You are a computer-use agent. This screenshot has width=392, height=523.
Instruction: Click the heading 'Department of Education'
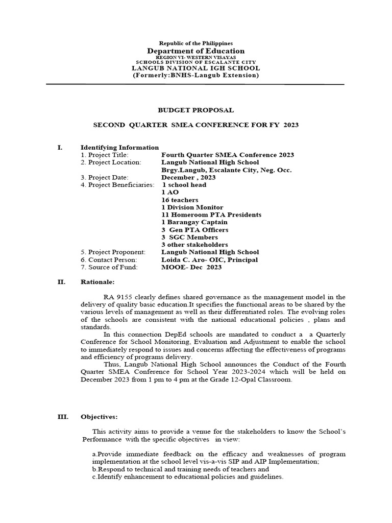pos(196,51)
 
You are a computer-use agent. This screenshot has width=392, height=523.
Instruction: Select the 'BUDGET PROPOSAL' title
pos(196,110)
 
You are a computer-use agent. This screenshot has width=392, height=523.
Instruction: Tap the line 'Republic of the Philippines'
pos(196,43)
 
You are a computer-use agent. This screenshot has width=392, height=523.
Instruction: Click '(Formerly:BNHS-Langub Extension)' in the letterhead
pos(196,76)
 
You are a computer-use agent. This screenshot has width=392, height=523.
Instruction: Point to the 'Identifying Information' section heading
pos(119,148)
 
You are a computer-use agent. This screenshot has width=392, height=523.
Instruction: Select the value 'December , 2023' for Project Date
pos(188,177)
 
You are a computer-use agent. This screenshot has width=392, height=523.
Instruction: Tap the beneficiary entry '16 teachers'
pos(180,200)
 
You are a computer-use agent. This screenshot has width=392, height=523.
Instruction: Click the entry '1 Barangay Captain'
pos(194,222)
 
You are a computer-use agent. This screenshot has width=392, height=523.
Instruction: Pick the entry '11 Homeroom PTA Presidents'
pos(211,215)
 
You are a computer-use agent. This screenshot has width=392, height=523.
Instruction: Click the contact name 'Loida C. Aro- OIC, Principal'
pos(209,259)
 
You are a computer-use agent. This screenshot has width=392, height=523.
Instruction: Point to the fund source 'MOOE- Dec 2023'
pos(191,267)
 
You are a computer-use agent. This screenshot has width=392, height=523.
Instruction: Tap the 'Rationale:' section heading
pos(97,281)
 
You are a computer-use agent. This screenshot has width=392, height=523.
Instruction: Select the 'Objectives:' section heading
pos(100,417)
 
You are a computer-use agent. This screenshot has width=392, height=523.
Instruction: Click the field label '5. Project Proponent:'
pos(113,252)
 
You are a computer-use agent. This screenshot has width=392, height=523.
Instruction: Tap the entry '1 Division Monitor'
pos(192,207)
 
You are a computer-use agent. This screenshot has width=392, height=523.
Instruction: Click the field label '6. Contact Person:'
pos(109,259)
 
